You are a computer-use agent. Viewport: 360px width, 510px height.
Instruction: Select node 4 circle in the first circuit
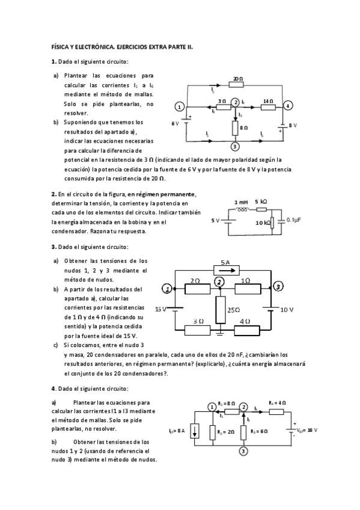pos(288,106)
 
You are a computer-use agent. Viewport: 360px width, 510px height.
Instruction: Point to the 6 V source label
pos(175,123)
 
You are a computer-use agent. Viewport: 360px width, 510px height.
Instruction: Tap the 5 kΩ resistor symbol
pos(261,209)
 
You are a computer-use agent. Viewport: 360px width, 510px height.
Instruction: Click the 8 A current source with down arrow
pos(195,431)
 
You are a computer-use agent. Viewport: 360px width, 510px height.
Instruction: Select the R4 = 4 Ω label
pos(277,402)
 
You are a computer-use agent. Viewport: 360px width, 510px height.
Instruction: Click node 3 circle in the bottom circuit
pos(243,450)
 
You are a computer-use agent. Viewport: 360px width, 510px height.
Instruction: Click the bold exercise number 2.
pos(53,194)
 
